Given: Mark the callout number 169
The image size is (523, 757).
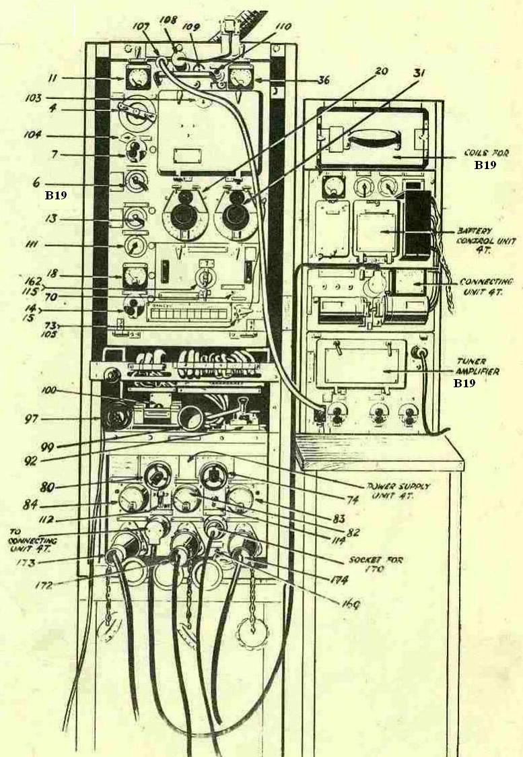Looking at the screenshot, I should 349,603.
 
